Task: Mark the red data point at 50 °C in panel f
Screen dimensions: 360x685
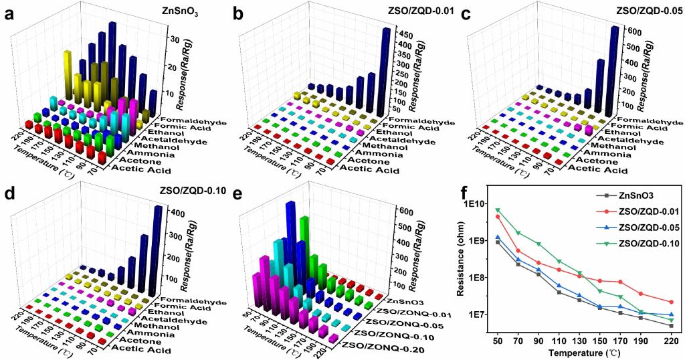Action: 498,217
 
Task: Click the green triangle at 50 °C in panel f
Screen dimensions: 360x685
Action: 498,210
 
